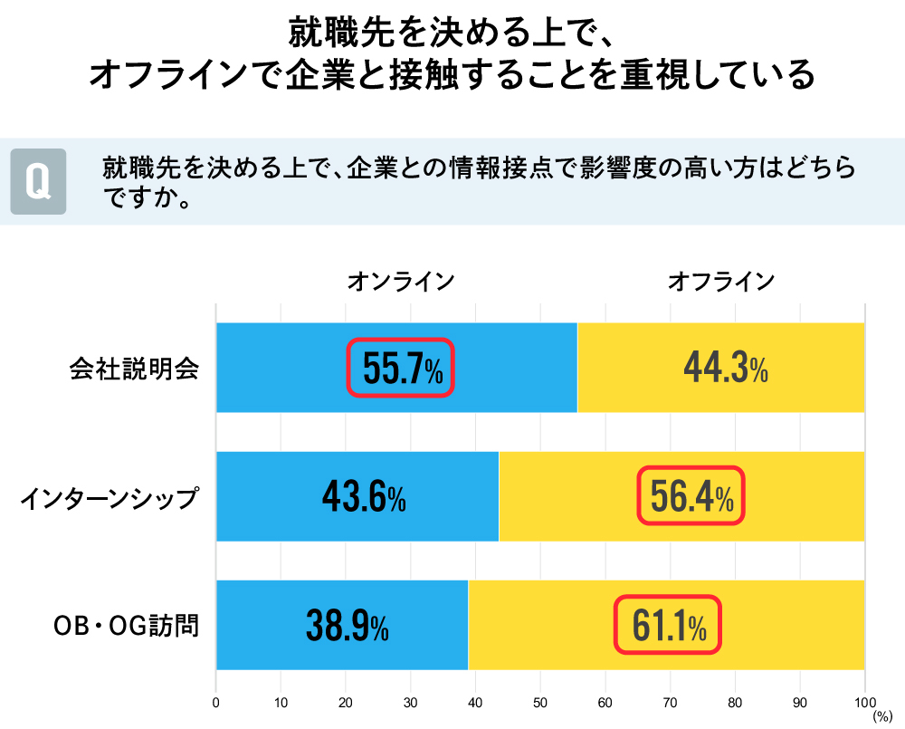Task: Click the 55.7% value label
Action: point(400,368)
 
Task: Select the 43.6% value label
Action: point(363,496)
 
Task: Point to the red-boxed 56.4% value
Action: point(691,496)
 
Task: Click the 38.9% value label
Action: point(347,625)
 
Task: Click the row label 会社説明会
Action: point(134,369)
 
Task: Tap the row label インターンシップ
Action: point(109,497)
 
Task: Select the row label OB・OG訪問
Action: point(126,626)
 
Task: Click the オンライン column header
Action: point(400,282)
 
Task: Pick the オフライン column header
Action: point(721,282)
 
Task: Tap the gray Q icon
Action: point(38,181)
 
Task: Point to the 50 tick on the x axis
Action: point(540,701)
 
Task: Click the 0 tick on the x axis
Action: point(215,701)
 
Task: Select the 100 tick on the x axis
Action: point(864,701)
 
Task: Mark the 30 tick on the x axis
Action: point(410,701)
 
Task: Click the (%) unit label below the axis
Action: point(881,715)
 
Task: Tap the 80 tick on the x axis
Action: point(735,701)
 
